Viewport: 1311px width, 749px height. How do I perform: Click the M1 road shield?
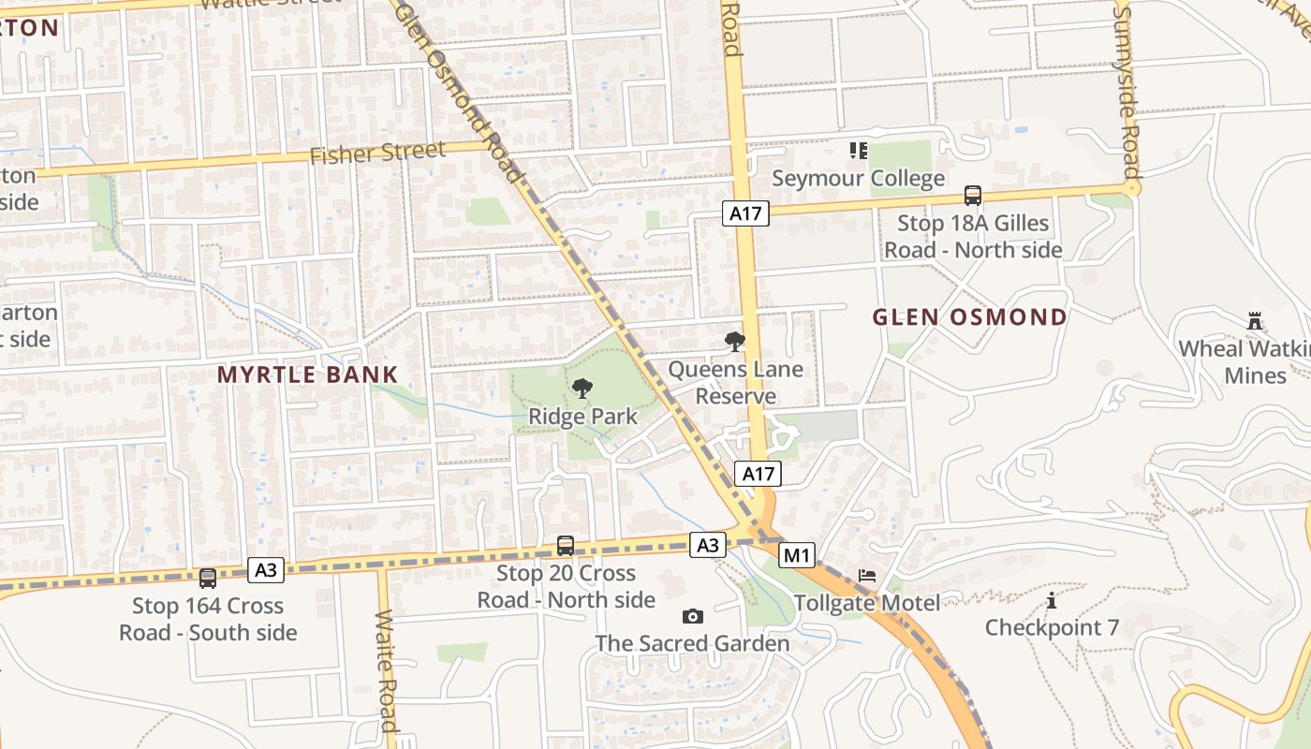tap(797, 555)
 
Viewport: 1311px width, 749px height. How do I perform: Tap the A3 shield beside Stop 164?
tap(266, 569)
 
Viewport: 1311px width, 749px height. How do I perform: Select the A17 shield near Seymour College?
tap(746, 213)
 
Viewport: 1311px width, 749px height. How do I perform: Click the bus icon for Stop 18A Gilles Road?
tap(973, 196)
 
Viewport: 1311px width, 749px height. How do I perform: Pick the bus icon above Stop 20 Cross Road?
tap(566, 545)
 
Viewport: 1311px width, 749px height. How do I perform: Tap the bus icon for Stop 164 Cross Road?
tap(208, 579)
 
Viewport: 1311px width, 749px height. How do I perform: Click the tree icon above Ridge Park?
tap(582, 388)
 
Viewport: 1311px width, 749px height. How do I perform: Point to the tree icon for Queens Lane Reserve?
tap(735, 342)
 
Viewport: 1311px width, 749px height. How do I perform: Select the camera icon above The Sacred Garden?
tap(692, 616)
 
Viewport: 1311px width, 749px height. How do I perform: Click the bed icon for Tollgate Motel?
tap(867, 575)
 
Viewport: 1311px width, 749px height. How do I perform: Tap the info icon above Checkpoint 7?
tap(1052, 600)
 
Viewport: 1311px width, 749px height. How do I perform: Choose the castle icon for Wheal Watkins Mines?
tap(1255, 321)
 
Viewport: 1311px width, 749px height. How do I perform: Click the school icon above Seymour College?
tap(858, 150)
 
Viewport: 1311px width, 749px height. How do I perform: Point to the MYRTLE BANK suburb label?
tap(308, 374)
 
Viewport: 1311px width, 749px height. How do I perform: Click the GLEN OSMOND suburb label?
tap(969, 316)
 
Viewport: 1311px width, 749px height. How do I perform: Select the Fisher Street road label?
tap(377, 153)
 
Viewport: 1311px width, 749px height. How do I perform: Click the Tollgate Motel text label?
tap(867, 603)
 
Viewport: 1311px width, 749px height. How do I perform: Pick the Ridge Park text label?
tap(582, 416)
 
